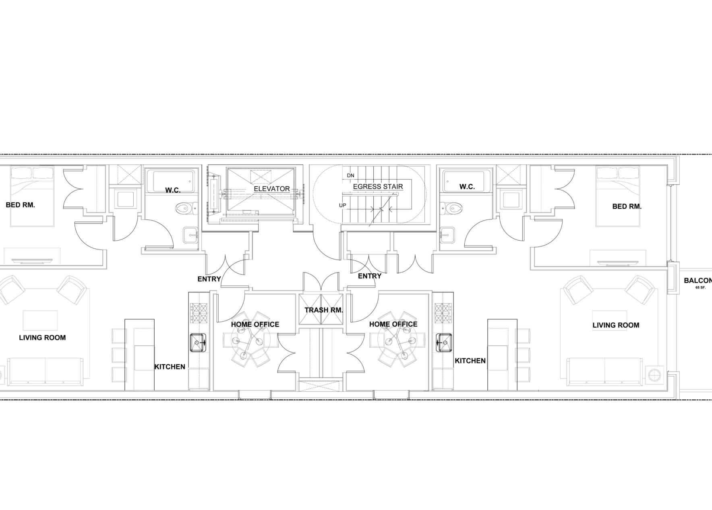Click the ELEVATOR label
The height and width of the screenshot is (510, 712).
tap(271, 188)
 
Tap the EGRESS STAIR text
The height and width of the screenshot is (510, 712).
tap(378, 187)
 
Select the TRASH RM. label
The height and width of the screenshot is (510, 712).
tap(324, 310)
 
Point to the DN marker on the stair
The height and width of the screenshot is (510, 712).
tap(350, 176)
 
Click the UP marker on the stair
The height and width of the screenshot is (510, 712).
tap(343, 205)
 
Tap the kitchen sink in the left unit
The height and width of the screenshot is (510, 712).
tap(198, 342)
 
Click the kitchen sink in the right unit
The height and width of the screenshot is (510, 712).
tap(444, 342)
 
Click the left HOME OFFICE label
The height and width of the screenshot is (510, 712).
tap(255, 324)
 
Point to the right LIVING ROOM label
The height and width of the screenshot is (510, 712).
tap(616, 325)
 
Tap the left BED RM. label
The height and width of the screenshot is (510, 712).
tap(20, 205)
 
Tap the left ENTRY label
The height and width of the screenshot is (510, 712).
tap(209, 279)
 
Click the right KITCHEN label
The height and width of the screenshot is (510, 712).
tap(470, 361)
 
